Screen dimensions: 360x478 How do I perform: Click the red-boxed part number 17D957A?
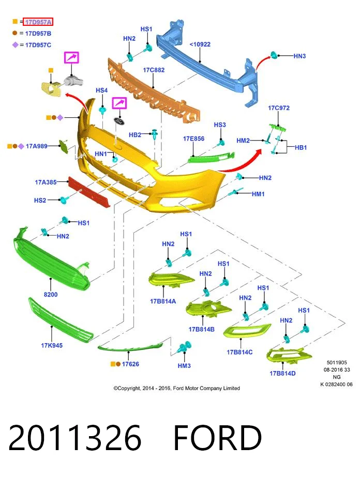(38, 22)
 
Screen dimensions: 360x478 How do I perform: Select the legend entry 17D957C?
(38, 45)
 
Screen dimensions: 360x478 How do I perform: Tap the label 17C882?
(154, 70)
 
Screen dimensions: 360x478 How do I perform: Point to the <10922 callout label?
(200, 44)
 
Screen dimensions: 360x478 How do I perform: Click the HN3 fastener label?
(299, 56)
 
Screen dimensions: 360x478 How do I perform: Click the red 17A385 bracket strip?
(88, 192)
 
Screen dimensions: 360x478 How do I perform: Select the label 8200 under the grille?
(51, 295)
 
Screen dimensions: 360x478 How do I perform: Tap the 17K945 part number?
(52, 345)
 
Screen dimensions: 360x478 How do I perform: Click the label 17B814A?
(163, 301)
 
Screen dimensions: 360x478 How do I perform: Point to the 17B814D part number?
(282, 374)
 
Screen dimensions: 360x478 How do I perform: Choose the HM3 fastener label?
(184, 366)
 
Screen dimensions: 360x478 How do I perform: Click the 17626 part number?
(130, 364)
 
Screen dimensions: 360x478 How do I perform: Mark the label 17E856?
(194, 138)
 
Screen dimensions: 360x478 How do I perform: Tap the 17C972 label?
(279, 108)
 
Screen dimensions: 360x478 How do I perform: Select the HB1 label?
(301, 148)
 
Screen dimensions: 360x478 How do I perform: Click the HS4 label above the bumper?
(101, 90)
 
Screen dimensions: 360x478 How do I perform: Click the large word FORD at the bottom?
(218, 438)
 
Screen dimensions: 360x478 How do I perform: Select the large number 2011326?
(75, 438)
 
